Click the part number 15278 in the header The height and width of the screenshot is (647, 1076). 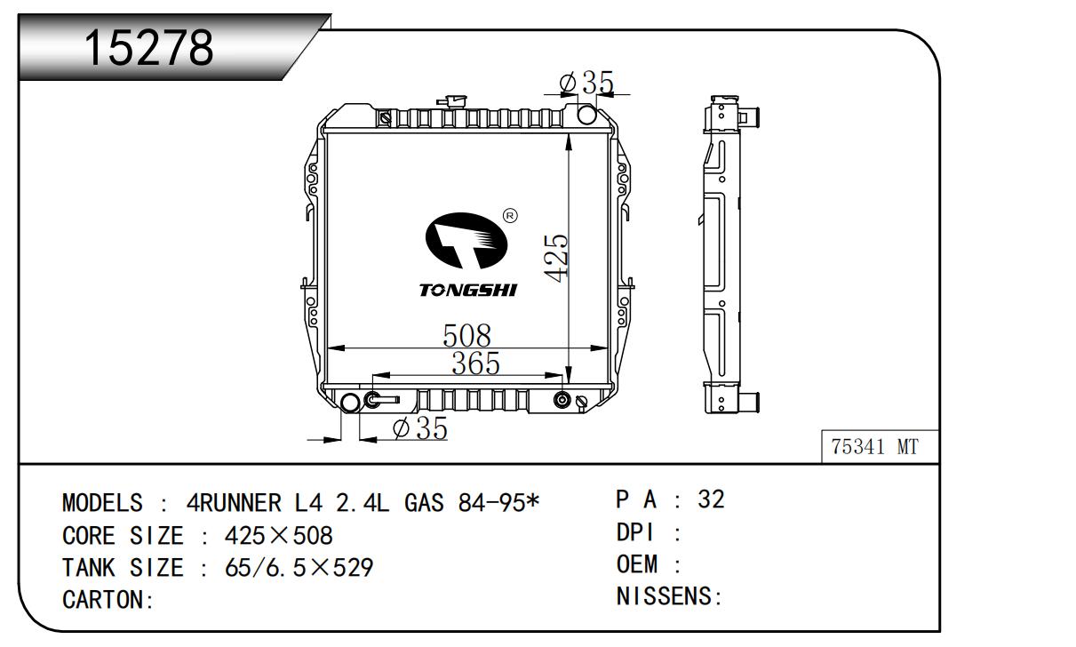click(x=149, y=49)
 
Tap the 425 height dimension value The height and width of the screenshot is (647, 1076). click(x=557, y=258)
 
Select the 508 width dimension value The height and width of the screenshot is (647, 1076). click(x=467, y=336)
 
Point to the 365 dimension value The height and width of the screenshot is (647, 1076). click(x=475, y=363)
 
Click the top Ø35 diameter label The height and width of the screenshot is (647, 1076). click(x=586, y=83)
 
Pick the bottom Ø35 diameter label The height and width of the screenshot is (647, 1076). click(x=418, y=428)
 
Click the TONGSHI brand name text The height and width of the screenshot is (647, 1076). click(x=467, y=291)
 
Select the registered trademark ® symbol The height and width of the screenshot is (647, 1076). click(x=511, y=215)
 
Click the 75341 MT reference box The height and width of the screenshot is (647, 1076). click(x=875, y=446)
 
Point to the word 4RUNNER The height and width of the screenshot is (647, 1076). click(x=236, y=504)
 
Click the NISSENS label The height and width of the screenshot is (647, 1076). click(x=666, y=597)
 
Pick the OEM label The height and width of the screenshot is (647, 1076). click(x=637, y=564)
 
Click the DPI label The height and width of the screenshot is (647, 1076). click(x=635, y=532)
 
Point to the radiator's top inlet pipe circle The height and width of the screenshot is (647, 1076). click(x=587, y=115)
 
